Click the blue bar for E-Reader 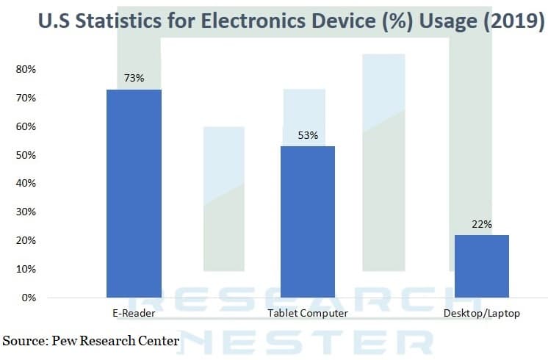click(134, 193)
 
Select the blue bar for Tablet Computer click(308, 222)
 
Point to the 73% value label click(134, 78)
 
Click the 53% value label click(308, 135)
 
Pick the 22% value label click(481, 224)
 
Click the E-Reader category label click(134, 314)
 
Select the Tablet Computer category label click(308, 314)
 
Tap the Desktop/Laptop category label click(481, 314)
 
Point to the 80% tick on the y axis click(26, 69)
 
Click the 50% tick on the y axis click(26, 155)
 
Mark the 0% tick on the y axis click(29, 298)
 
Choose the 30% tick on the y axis click(26, 212)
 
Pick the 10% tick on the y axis click(26, 269)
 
